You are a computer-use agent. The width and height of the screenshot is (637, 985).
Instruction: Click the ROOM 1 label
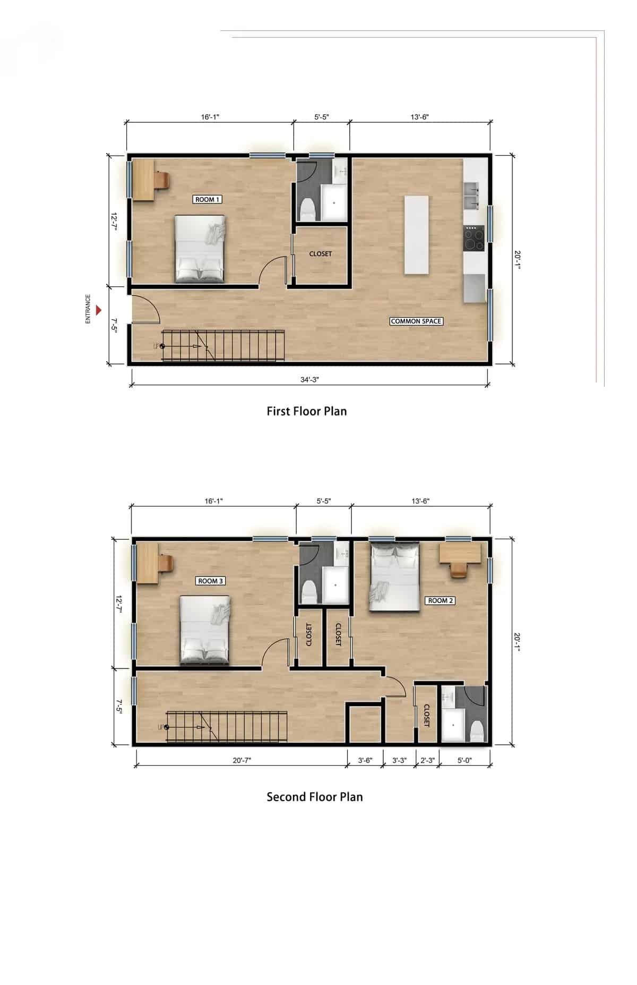coord(208,199)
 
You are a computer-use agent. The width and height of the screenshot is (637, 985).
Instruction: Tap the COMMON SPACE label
coord(416,321)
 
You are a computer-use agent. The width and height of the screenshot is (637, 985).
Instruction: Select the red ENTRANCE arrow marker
coord(98,309)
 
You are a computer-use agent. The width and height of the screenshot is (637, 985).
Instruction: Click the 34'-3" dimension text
coord(309,379)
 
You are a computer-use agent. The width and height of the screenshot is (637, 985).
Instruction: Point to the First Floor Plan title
coord(306,411)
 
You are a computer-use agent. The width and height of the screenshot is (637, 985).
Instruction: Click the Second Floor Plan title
coord(314,796)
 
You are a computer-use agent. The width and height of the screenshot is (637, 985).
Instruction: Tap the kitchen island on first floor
coord(416,235)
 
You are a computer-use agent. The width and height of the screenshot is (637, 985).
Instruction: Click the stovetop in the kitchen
coord(475,238)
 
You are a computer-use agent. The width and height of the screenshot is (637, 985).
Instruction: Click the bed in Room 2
coord(395,576)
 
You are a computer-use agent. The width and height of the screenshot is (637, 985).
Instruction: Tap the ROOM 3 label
coord(211,581)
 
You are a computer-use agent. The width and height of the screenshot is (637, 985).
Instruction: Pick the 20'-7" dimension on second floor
coord(242,760)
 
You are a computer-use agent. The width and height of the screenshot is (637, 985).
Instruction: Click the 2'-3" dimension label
coord(427,760)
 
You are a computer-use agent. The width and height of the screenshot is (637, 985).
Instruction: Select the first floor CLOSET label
coord(321,254)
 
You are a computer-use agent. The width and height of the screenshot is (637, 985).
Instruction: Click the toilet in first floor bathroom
coord(307,210)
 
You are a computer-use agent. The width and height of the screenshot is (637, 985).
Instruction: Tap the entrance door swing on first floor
coord(145,309)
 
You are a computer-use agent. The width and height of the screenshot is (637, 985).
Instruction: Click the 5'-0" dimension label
coord(464,760)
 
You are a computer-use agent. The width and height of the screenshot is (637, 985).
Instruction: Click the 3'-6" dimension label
coord(365,760)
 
